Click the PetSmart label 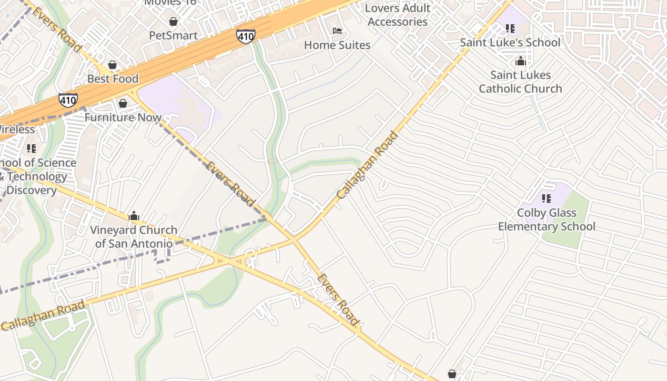click(173, 35)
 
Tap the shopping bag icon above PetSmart click(173, 21)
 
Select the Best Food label click(113, 79)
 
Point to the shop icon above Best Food click(112, 65)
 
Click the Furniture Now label click(123, 117)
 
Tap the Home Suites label click(337, 45)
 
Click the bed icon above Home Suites click(337, 31)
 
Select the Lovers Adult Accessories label click(398, 15)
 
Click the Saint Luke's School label click(510, 42)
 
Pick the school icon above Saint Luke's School click(510, 29)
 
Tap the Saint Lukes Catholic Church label click(520, 81)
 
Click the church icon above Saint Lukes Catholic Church click(520, 61)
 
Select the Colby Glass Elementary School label click(546, 219)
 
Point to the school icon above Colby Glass click(546, 198)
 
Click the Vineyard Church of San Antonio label click(134, 237)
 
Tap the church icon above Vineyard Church click(134, 216)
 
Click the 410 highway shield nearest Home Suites click(245, 36)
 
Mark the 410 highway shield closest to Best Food click(68, 100)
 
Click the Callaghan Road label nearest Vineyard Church click(44, 315)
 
